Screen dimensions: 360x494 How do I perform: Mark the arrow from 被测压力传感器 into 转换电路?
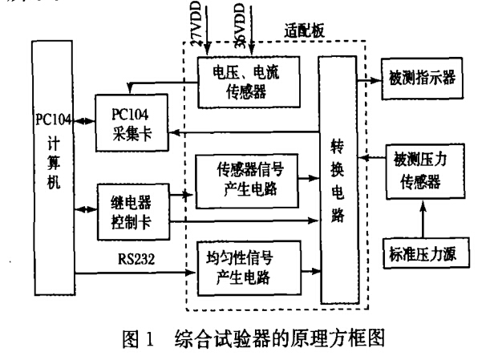pyautogui.click(x=371, y=160)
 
